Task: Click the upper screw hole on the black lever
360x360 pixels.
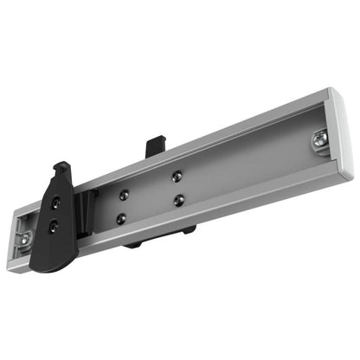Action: (x=56, y=202)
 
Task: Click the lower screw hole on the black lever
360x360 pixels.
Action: (x=54, y=226)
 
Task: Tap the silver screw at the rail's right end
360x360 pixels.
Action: (x=319, y=138)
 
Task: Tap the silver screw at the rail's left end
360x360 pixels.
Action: (x=23, y=236)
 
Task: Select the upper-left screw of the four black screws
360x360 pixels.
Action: (x=125, y=195)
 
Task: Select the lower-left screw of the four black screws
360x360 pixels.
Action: (x=121, y=219)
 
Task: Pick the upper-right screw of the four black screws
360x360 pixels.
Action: (x=177, y=176)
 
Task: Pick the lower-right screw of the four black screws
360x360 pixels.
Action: (x=178, y=201)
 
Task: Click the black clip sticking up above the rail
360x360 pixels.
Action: (x=156, y=145)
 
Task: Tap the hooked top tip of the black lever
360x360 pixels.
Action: (x=62, y=167)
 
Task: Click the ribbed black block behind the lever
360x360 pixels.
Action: (x=85, y=215)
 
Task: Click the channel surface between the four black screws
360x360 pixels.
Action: (x=151, y=198)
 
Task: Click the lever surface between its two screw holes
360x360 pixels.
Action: (x=55, y=215)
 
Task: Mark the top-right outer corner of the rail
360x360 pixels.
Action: (x=330, y=89)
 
